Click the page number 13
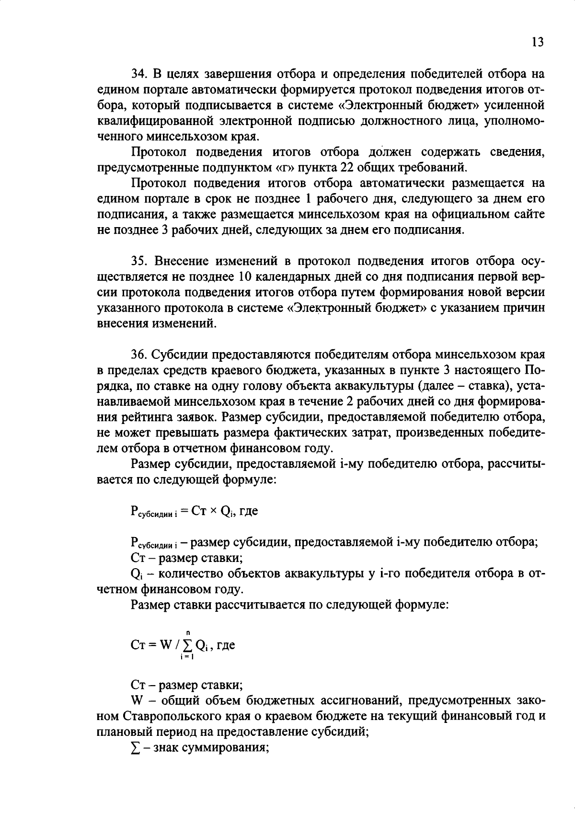pos(538,42)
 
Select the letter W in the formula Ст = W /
pos(166,644)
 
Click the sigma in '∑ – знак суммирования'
pos(134,747)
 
